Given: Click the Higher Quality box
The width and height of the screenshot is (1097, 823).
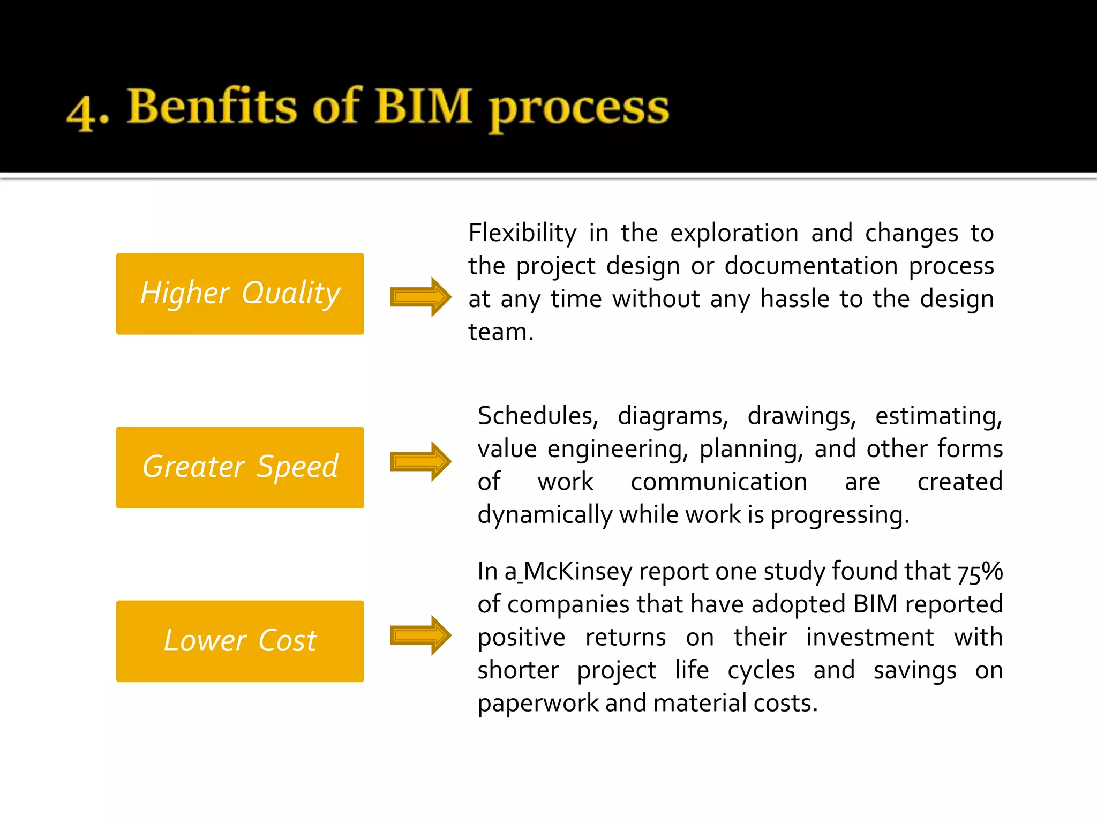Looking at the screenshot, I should (240, 294).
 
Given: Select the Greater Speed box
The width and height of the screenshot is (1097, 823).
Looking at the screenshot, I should (240, 467).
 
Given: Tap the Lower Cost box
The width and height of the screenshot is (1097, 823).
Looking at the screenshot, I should (240, 641).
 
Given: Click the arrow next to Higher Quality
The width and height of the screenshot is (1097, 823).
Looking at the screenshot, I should (420, 297).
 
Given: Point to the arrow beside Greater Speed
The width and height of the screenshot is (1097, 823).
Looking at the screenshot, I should (420, 461).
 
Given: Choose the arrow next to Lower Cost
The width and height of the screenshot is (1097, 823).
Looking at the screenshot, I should (420, 635).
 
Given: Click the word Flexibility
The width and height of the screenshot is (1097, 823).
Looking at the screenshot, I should (522, 234).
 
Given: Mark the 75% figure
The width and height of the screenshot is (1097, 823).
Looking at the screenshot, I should (980, 572).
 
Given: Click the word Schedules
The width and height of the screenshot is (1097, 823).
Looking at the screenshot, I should (537, 416).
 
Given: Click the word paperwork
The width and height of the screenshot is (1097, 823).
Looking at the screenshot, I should (538, 704).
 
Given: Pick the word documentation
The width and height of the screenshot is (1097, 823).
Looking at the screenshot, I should (811, 266).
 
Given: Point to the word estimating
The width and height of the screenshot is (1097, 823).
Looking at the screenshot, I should (938, 416).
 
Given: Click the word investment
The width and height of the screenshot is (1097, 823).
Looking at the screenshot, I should (870, 638).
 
